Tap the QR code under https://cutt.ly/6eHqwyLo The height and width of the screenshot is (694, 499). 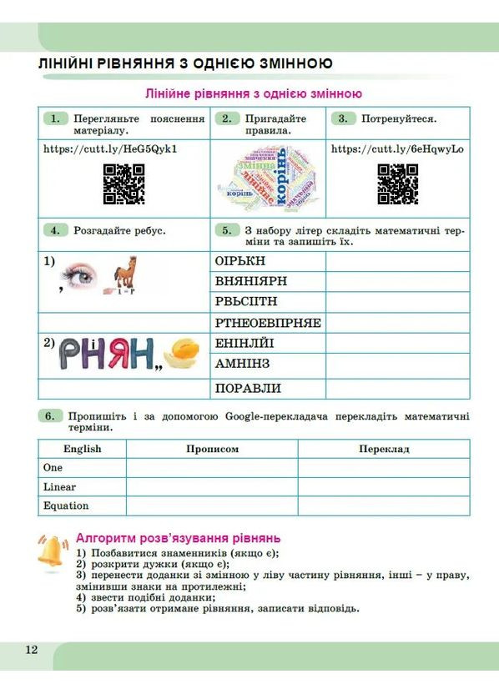(x=397, y=184)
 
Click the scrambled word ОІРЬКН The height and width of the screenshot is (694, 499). (x=234, y=261)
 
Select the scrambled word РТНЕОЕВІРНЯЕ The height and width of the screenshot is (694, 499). (x=268, y=323)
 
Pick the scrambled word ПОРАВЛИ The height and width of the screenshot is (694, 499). (x=248, y=388)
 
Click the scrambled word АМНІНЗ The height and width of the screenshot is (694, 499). (x=243, y=364)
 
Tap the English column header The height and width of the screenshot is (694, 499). (x=82, y=449)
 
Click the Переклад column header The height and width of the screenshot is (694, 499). (x=384, y=449)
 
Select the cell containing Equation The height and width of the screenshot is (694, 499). (x=66, y=505)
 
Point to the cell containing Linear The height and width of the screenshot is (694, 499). (x=59, y=487)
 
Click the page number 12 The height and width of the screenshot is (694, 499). (x=32, y=651)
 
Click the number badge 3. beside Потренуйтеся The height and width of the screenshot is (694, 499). (x=342, y=118)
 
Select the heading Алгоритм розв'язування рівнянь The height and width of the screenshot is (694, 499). (x=178, y=538)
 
